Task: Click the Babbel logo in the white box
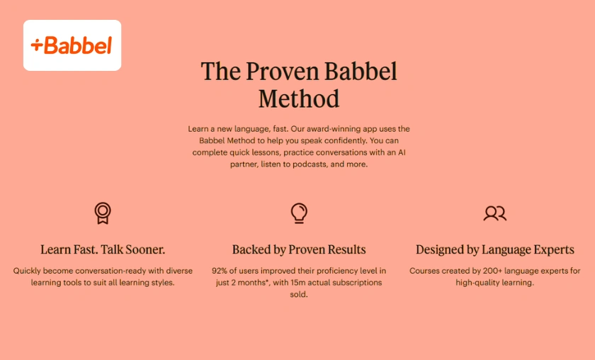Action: pos(72,45)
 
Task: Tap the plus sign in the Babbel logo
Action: pos(37,46)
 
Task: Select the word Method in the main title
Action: pos(298,99)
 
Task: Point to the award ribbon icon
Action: pos(103,213)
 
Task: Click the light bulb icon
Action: pos(299,213)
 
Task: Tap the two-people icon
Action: pos(494,213)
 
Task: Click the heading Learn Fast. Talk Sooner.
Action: pos(103,249)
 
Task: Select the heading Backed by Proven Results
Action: pos(299,249)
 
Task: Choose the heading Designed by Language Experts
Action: pos(494,249)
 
